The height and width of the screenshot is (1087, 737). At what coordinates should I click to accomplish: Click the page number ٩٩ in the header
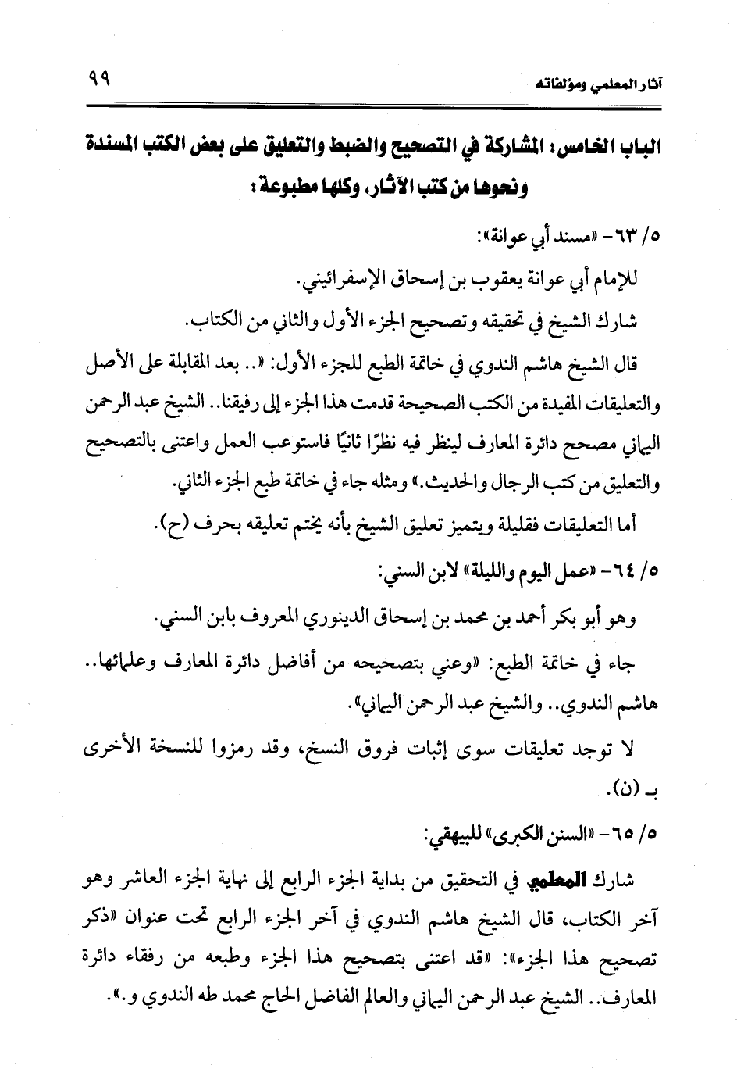click(x=96, y=78)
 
